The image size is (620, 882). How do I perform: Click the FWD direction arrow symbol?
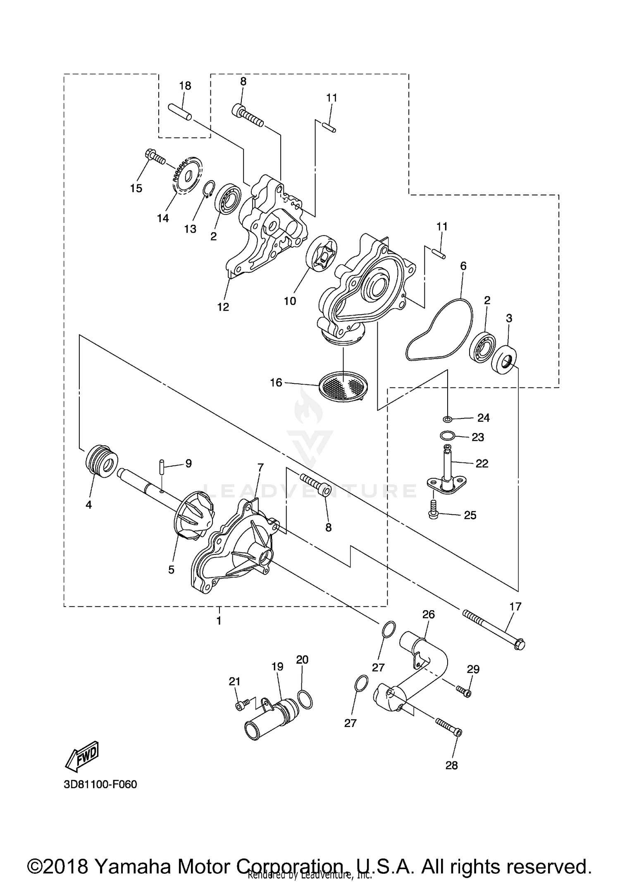pos(81,756)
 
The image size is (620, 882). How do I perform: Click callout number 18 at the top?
pos(185,86)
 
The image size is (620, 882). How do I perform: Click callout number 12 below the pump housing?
pos(223,307)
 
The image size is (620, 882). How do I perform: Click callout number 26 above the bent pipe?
pos(428,614)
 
